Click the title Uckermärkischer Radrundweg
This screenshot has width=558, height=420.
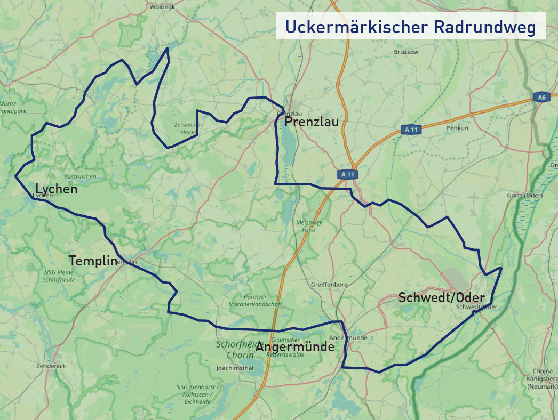tap(410, 27)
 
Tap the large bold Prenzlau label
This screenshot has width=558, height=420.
tap(312, 123)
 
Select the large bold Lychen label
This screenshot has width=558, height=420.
tap(57, 189)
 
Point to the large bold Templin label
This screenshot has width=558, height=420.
tap(93, 261)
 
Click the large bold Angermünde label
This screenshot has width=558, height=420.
tap(295, 347)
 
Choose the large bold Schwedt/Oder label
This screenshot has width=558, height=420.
tap(442, 298)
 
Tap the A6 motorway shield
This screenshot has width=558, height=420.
tap(541, 97)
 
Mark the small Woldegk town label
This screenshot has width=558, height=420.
tap(163, 7)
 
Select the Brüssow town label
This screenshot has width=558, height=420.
tap(406, 52)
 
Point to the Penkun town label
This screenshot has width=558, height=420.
tap(457, 128)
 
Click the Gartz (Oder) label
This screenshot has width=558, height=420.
tap(524, 196)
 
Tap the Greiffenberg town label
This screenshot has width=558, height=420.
tap(329, 285)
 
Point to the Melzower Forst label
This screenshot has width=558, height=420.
tap(306, 226)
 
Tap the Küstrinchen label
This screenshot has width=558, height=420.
tap(79, 176)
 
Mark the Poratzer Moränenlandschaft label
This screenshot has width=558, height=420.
tap(254, 300)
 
